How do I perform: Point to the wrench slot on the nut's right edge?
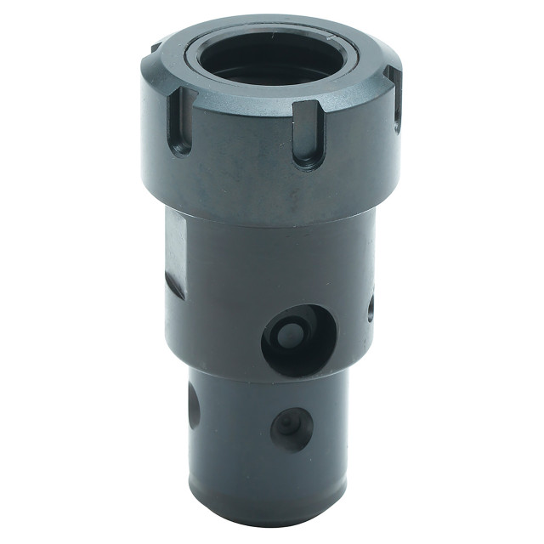(x=395, y=100)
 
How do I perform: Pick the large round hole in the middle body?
(x=298, y=340)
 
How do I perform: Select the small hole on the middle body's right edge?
(x=371, y=308)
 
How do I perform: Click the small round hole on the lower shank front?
(x=291, y=428)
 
